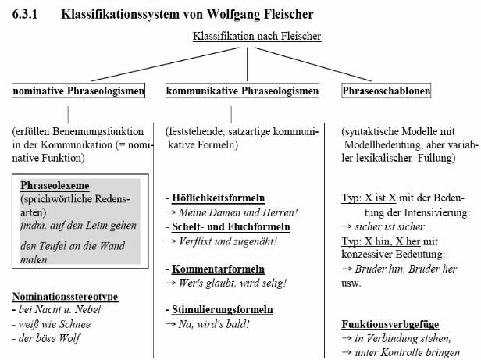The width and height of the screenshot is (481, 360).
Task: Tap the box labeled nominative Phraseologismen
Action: click(x=79, y=91)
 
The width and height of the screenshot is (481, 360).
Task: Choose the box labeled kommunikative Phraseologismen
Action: click(x=242, y=91)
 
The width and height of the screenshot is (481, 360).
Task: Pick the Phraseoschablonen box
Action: click(x=387, y=91)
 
